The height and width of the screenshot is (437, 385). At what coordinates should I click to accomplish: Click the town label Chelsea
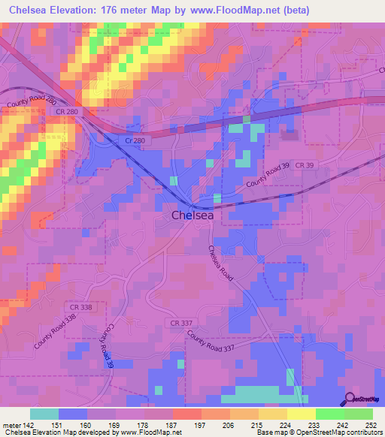click(x=192, y=215)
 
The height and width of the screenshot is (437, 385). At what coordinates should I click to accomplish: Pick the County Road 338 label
click(x=56, y=330)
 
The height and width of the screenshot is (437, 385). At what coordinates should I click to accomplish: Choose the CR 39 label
click(x=305, y=164)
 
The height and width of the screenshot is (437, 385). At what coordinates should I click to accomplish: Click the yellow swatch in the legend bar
click(x=301, y=414)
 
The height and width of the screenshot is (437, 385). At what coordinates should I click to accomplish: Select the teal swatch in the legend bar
click(x=44, y=414)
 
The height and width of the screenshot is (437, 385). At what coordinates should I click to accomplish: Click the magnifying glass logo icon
click(x=351, y=399)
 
